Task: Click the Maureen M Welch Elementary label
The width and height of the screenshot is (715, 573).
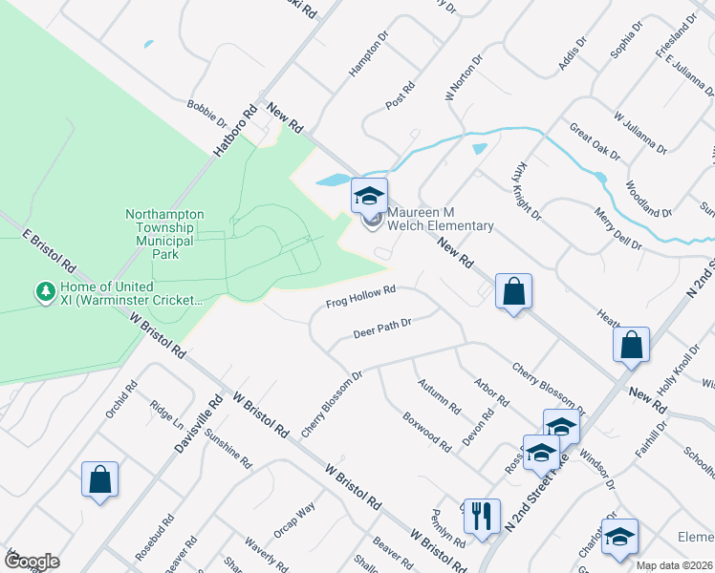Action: click(x=440, y=219)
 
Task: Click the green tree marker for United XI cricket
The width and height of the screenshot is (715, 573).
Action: click(x=44, y=290)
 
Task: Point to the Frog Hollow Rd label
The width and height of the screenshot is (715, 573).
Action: click(x=360, y=298)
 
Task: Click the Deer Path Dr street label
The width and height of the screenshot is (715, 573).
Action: click(x=381, y=329)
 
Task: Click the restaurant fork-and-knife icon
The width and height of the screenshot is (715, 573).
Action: click(x=481, y=517)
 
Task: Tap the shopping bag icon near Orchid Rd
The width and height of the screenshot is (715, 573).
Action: click(x=99, y=481)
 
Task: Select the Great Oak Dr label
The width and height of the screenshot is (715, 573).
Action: click(x=594, y=141)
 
